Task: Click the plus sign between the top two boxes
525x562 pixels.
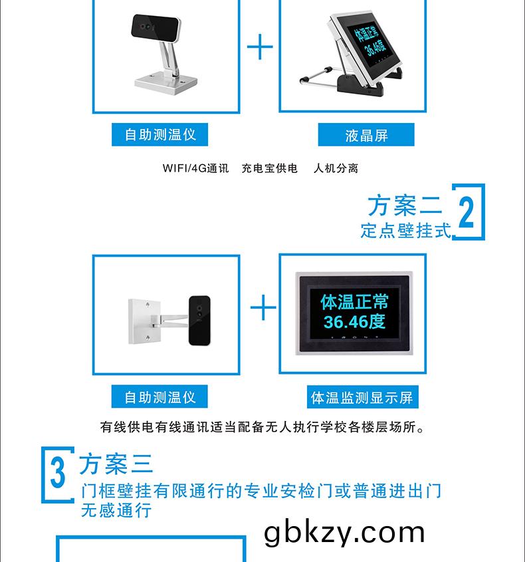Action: [x=260, y=47]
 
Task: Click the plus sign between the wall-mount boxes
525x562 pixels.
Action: [x=263, y=307]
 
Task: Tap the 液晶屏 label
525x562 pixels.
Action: [x=366, y=135]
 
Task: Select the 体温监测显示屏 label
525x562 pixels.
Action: [x=362, y=397]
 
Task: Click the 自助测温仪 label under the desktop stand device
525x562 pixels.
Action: [x=159, y=134]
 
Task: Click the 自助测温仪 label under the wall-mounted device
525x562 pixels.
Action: [x=159, y=397]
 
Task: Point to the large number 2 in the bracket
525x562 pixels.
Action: [x=466, y=213]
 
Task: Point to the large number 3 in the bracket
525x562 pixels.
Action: [x=58, y=473]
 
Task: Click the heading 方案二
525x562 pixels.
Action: [x=405, y=206]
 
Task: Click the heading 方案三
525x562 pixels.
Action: [x=116, y=464]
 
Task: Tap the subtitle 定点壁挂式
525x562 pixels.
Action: [x=405, y=231]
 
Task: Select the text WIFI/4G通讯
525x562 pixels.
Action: [x=195, y=168]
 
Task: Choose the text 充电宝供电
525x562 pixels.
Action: [x=270, y=168]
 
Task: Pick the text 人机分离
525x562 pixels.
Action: [x=336, y=168]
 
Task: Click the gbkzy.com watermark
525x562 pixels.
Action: [x=344, y=533]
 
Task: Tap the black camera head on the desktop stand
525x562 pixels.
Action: [x=155, y=28]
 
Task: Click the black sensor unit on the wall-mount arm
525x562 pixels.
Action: [x=199, y=321]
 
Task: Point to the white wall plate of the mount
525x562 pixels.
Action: [x=142, y=321]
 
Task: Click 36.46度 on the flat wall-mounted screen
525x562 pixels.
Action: [x=354, y=321]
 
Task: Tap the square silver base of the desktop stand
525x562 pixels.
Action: [x=166, y=84]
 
